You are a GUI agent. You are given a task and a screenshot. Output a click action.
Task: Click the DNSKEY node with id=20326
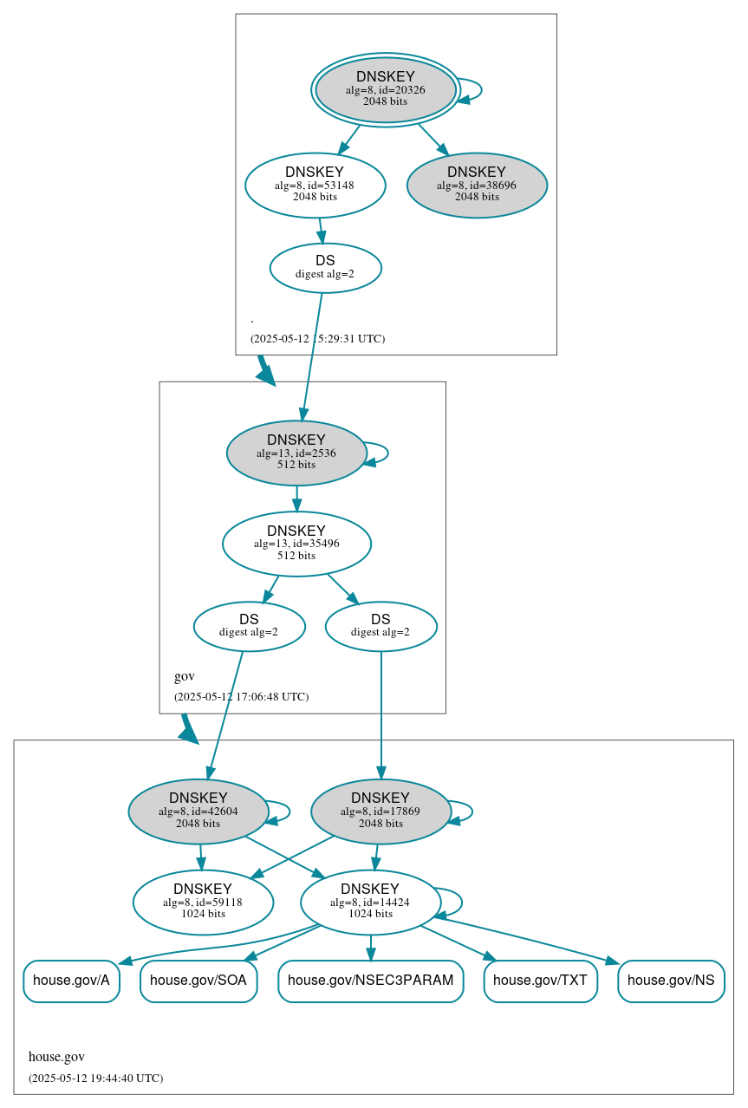coord(386,89)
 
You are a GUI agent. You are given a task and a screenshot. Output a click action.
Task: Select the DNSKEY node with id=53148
coord(315,185)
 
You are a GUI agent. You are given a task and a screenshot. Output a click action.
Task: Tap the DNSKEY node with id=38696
coord(477,185)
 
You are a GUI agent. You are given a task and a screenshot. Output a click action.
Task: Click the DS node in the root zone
coord(325,267)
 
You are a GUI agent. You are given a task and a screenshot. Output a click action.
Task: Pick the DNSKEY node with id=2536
coord(296,453)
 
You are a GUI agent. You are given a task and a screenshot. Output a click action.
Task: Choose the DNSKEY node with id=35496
coord(296,544)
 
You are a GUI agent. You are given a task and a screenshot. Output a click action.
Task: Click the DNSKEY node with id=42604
coord(198,811)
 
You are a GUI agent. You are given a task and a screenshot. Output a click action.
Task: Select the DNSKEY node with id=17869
coord(381,811)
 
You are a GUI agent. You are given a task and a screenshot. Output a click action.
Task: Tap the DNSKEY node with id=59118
coord(203,902)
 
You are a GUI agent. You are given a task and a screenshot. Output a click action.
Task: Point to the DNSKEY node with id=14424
coord(370,902)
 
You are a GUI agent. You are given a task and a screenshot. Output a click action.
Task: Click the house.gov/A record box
coord(71,981)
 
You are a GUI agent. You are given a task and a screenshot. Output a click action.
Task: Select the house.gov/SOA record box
coord(198,981)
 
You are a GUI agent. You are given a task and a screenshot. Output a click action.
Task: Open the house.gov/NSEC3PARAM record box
coord(370,981)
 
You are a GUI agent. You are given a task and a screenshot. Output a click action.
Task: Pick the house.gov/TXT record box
coord(540,981)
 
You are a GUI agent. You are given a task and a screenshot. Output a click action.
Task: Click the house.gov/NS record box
coord(671,981)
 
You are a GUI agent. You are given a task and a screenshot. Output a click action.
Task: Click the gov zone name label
coord(185,676)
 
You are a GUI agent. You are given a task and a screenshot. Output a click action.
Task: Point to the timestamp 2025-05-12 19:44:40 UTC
coord(95,1078)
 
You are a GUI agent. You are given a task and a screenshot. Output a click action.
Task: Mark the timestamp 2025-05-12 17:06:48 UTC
coord(241,696)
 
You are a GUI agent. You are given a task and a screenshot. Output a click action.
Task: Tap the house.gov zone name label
coord(56,1056)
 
